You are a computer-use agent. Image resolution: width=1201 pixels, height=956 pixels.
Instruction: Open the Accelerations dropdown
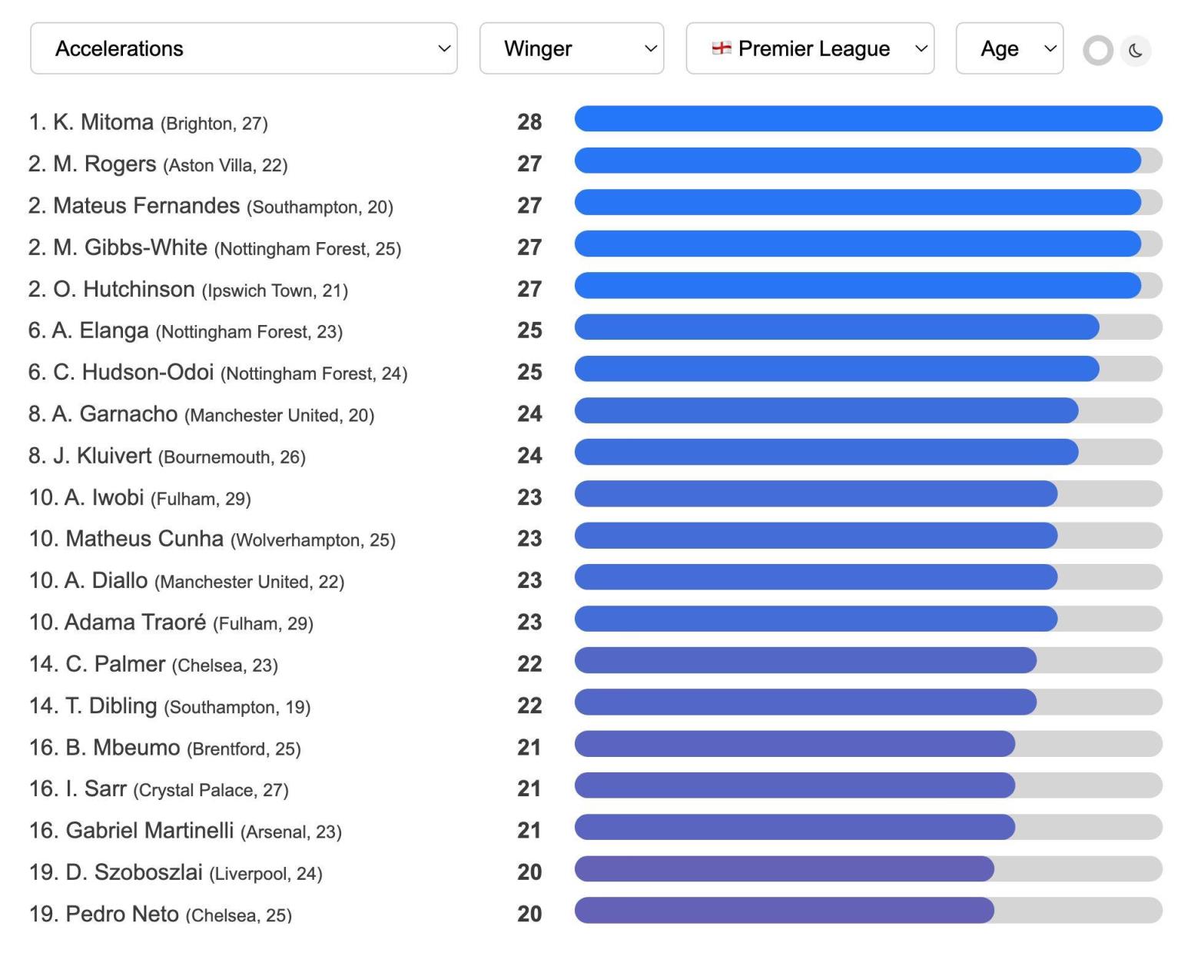pyautogui.click(x=244, y=48)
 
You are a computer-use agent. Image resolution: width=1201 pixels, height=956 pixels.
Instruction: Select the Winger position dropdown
pyautogui.click(x=572, y=48)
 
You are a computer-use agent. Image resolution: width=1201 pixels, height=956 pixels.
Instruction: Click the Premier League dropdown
pyautogui.click(x=810, y=48)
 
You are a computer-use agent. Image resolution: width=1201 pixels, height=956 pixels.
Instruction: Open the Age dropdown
pyautogui.click(x=1009, y=48)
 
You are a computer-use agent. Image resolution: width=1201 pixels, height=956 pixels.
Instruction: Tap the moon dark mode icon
pyautogui.click(x=1136, y=51)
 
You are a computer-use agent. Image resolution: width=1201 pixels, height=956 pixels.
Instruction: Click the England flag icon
pyautogui.click(x=721, y=48)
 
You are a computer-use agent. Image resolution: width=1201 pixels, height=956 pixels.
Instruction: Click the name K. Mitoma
pyautogui.click(x=103, y=122)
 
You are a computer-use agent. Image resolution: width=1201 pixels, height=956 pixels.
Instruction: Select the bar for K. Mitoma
pyautogui.click(x=868, y=119)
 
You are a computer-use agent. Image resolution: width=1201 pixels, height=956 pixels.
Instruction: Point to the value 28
pyautogui.click(x=529, y=122)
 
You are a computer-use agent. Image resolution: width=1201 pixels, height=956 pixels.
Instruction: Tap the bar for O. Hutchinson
pyautogui.click(x=858, y=286)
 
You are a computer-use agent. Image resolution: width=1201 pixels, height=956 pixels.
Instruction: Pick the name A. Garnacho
pyautogui.click(x=114, y=414)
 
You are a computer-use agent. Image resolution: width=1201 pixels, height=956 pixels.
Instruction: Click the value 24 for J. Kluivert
pyautogui.click(x=529, y=456)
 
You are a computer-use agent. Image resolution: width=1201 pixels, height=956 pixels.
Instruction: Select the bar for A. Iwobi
pyautogui.click(x=816, y=494)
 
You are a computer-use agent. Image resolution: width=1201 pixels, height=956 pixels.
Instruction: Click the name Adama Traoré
pyautogui.click(x=135, y=622)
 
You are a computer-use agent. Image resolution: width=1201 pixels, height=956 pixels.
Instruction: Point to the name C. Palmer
pyautogui.click(x=115, y=664)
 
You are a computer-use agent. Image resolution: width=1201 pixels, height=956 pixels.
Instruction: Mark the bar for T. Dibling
pyautogui.click(x=805, y=702)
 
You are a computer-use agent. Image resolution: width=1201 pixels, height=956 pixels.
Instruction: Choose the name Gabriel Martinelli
pyautogui.click(x=149, y=831)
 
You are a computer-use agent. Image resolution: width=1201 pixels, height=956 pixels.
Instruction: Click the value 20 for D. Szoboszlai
pyautogui.click(x=529, y=872)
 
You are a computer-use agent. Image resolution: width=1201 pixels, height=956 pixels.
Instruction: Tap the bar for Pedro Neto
pyautogui.click(x=784, y=911)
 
